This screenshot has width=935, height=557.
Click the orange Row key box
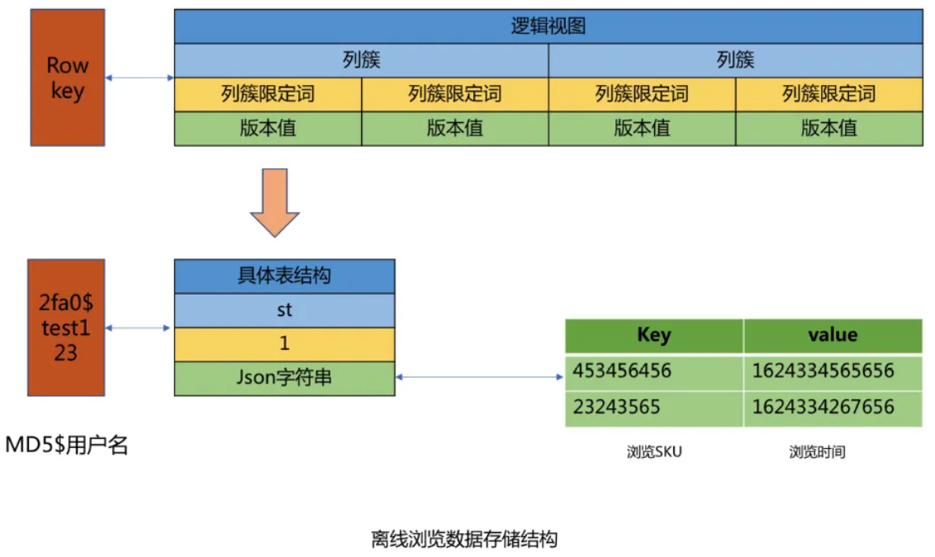point(67,78)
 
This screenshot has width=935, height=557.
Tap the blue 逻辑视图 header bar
point(548,26)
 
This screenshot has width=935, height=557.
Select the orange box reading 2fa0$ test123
point(66,328)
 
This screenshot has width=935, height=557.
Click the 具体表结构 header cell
point(284,276)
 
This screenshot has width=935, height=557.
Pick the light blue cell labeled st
point(284,310)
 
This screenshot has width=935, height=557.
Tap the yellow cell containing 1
point(284,344)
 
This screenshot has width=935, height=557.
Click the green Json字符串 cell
point(284,378)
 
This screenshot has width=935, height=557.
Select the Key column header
point(653,335)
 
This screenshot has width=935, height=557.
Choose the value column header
point(832,335)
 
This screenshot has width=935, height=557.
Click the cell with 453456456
point(653,371)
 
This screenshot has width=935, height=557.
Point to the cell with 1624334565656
point(832,371)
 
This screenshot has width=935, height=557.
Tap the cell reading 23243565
point(653,408)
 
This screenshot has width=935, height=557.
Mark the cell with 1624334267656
point(832,408)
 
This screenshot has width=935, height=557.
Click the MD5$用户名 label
point(67,446)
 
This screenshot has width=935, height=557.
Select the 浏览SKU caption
point(654,452)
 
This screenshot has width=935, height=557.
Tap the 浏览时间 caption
point(817,452)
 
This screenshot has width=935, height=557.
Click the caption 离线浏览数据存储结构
point(464,540)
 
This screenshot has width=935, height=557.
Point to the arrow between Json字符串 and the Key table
point(480,378)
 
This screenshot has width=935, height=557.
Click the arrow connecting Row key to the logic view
point(140,78)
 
